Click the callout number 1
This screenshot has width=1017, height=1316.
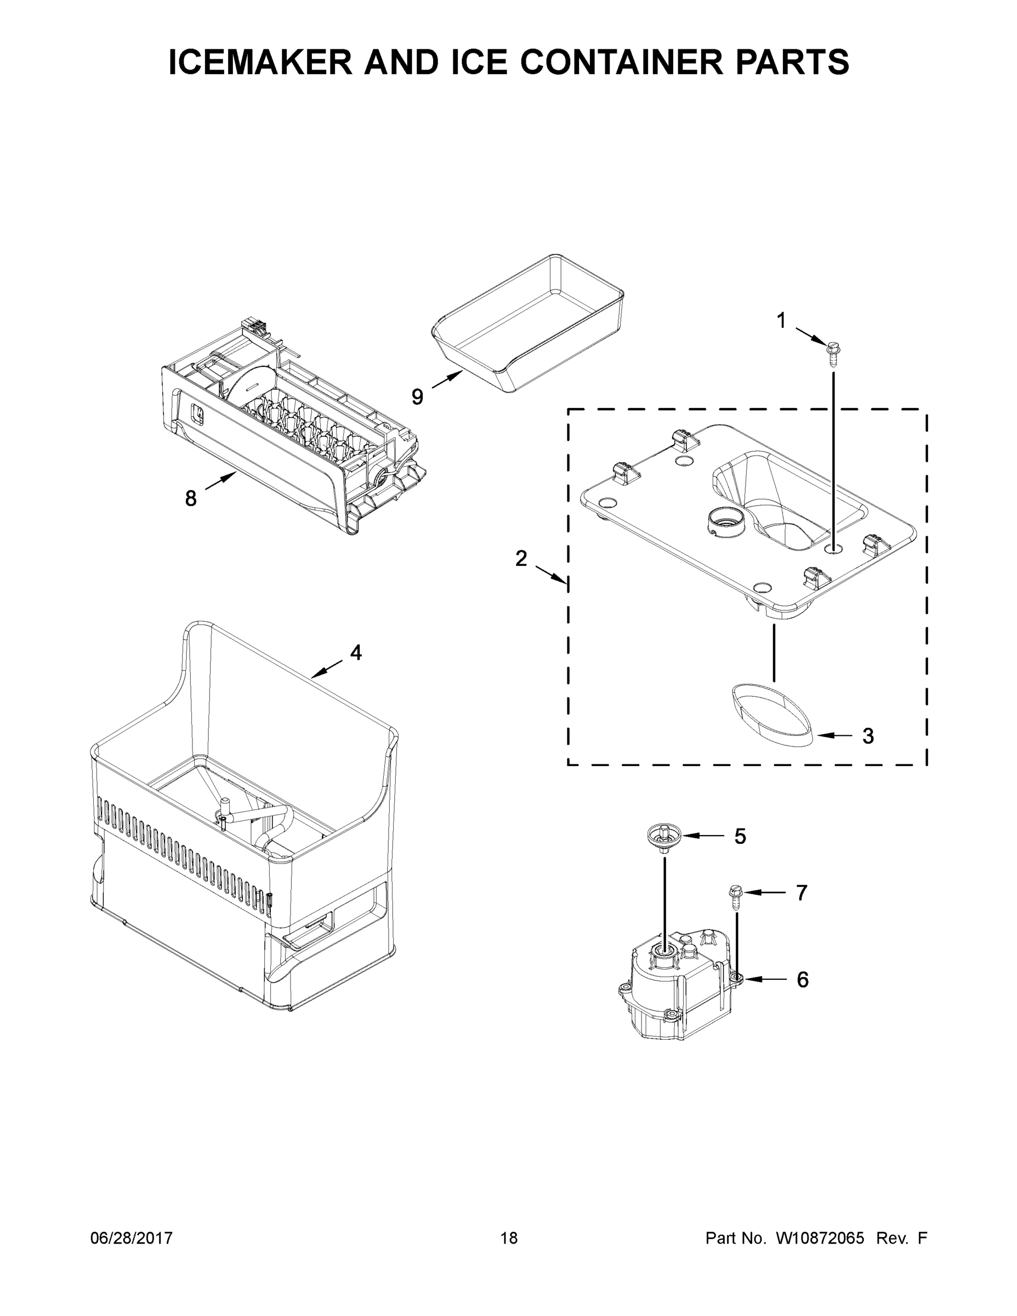(x=781, y=321)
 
